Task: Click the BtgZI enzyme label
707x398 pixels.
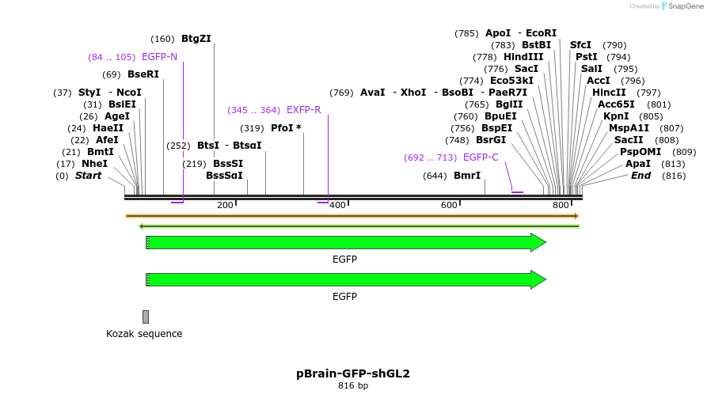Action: (196, 39)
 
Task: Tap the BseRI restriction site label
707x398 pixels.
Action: (143, 74)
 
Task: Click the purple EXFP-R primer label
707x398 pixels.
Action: (304, 110)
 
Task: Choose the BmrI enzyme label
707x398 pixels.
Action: (467, 176)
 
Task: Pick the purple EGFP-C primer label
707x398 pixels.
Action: (481, 157)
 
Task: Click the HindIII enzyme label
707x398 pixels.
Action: (523, 57)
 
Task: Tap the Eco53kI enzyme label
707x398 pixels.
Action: (511, 81)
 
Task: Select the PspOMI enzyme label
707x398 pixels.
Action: (640, 152)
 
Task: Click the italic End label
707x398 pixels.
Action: (640, 176)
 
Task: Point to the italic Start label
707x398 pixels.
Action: (89, 176)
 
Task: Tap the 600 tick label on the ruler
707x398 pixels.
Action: (450, 206)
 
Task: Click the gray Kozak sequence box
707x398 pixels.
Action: (146, 317)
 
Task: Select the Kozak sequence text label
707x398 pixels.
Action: (144, 334)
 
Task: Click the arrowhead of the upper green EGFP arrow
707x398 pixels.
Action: (538, 243)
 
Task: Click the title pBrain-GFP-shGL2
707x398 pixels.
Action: (353, 373)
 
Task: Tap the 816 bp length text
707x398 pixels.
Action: (353, 386)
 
